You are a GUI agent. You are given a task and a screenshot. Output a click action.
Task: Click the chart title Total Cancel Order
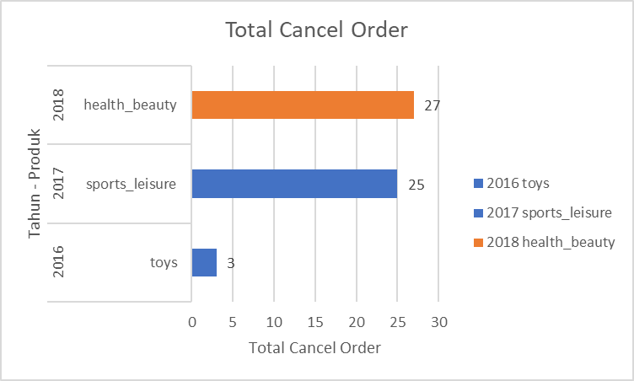click(316, 30)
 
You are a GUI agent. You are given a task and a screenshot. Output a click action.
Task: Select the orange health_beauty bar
click(303, 105)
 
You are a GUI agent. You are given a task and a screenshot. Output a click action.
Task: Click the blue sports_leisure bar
click(294, 184)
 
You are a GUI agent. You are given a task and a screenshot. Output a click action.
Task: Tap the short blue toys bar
click(204, 262)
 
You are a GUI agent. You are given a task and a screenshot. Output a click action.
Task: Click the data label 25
click(416, 184)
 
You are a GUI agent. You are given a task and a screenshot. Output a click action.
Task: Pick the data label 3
click(230, 262)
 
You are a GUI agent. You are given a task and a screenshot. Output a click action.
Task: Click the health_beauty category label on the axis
click(131, 105)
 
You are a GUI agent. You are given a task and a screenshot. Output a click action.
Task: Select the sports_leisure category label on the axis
click(131, 184)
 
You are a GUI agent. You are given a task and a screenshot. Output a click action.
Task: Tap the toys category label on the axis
click(164, 262)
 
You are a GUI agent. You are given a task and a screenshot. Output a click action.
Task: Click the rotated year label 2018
click(61, 105)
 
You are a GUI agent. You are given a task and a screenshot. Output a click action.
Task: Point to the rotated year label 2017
click(61, 184)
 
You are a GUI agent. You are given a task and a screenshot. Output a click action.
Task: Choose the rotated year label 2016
click(61, 262)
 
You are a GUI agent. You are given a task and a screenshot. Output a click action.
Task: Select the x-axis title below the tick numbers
click(315, 347)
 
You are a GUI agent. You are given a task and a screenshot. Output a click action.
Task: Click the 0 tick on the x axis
click(192, 322)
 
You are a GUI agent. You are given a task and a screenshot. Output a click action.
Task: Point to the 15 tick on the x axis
click(315, 322)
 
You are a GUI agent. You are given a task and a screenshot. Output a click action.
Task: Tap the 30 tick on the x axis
click(438, 322)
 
